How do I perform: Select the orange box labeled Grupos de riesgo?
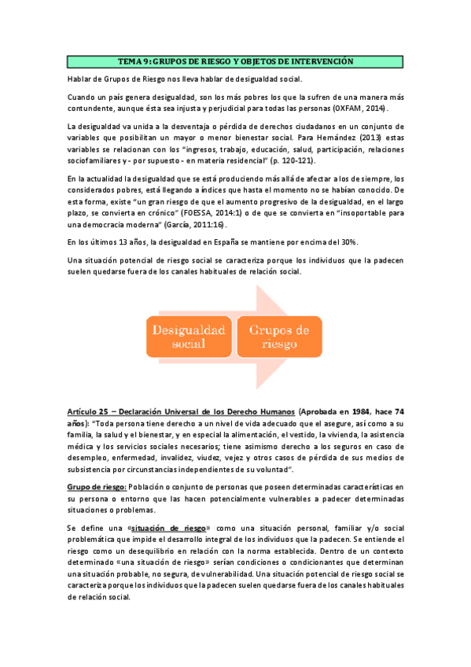[x=280, y=335]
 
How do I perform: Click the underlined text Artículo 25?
[x=92, y=411]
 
